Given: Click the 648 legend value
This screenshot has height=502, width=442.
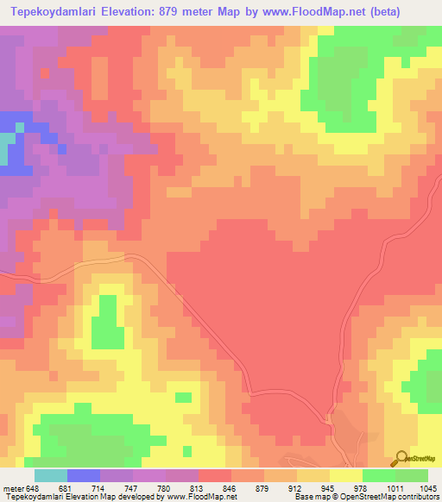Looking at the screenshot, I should coord(34,487).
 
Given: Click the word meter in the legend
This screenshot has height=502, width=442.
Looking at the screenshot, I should coord(12,487).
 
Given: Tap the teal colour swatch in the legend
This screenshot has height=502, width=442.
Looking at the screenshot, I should coord(50,475).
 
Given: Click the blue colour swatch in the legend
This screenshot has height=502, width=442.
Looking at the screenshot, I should coord(83,475).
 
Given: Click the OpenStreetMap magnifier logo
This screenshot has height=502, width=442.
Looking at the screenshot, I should coord(403,458).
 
